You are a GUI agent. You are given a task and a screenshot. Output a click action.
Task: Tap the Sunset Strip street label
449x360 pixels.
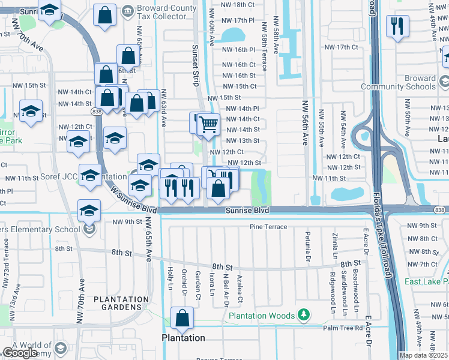point(195,66)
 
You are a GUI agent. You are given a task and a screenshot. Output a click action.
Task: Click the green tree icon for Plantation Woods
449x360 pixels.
point(304,315)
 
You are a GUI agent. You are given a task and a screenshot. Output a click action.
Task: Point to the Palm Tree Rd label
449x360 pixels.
point(343,328)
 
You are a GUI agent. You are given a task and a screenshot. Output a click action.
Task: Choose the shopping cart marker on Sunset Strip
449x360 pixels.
point(209,125)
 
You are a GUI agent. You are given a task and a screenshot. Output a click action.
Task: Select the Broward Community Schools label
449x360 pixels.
point(403,82)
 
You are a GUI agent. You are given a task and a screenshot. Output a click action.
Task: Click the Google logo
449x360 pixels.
point(20,353)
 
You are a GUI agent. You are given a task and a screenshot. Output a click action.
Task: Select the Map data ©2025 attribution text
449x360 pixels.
point(423,355)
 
